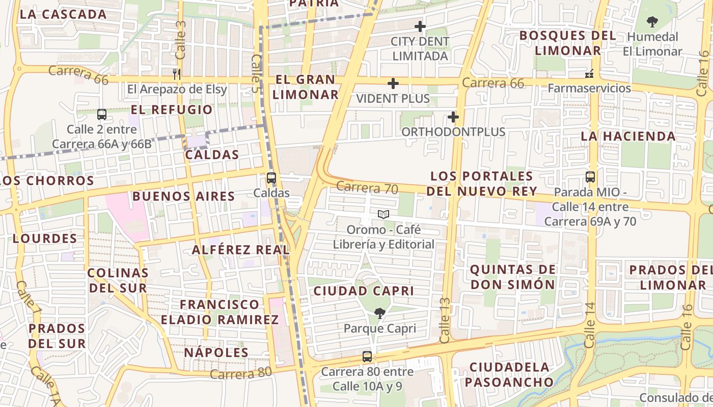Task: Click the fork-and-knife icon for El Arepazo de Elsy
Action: tap(177, 74)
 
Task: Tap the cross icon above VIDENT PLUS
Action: tap(393, 83)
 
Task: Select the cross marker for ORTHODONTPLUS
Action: tap(453, 118)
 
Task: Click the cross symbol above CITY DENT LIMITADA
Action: tap(420, 26)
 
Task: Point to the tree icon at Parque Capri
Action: tap(379, 313)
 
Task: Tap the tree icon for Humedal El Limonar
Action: tap(652, 22)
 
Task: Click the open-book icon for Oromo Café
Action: tap(383, 215)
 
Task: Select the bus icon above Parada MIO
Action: tap(590, 177)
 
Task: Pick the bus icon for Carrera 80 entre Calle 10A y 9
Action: tap(367, 357)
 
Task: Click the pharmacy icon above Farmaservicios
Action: tap(590, 74)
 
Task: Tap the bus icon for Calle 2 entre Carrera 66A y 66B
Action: tap(102, 114)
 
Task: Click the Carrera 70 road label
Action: tap(367, 188)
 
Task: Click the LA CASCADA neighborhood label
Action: tap(63, 14)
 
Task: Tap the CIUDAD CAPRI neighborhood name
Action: tap(364, 291)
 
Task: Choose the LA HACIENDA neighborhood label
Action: tap(628, 136)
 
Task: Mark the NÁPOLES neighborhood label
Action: tap(216, 353)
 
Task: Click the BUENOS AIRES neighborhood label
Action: tap(183, 196)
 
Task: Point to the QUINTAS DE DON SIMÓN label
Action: tap(512, 277)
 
